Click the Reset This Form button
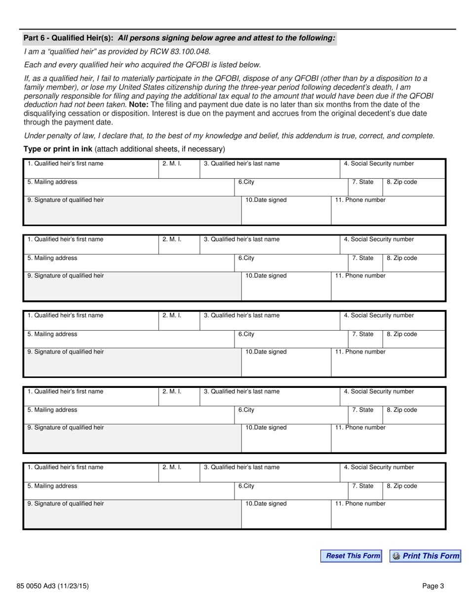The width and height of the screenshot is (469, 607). click(351, 556)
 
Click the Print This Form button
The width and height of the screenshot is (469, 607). click(426, 556)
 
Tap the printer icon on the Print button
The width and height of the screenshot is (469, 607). click(396, 556)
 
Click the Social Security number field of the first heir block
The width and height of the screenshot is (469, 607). click(392, 170)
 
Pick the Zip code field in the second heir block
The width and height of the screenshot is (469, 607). click(414, 265)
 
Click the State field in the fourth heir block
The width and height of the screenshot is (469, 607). click(365, 417)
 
